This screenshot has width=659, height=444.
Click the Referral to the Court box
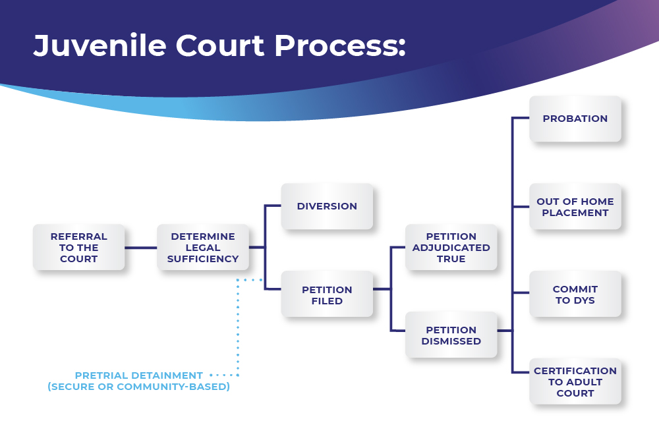point(78,247)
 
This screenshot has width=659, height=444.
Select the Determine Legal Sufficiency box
point(203,247)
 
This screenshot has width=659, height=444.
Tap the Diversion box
point(327,206)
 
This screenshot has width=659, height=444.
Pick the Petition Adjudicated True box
point(451,247)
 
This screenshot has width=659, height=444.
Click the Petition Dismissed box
point(451,335)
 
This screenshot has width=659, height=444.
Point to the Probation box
point(575,119)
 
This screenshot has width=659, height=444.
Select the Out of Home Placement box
point(575,206)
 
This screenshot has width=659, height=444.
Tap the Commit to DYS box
point(575,294)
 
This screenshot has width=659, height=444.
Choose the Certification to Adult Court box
point(575,381)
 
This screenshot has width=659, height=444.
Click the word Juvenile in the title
point(100,45)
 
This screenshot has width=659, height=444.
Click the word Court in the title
point(220,45)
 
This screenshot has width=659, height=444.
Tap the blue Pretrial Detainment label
point(138,375)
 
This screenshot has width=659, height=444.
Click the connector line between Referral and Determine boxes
point(141,248)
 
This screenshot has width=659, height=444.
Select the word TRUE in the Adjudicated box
point(451,259)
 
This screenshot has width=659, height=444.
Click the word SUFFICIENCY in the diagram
point(203,259)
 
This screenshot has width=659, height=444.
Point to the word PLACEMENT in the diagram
point(575,213)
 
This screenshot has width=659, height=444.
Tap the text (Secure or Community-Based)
point(138,387)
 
